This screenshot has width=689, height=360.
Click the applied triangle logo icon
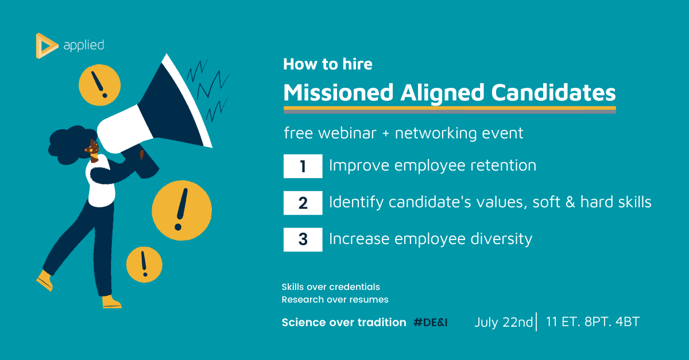click(46, 45)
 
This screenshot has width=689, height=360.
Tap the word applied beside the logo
click(84, 45)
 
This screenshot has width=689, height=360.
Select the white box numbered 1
click(303, 166)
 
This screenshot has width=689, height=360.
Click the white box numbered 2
click(303, 203)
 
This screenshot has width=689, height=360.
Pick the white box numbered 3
click(303, 239)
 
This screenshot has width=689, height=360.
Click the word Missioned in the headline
click(338, 92)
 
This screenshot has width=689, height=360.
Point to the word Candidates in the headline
click(553, 92)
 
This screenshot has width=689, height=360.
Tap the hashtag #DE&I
click(430, 322)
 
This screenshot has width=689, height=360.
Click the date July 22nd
click(504, 322)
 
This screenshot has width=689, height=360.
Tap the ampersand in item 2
click(570, 202)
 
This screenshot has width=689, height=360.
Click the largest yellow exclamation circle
click(182, 211)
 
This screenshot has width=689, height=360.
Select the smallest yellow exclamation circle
click(144, 264)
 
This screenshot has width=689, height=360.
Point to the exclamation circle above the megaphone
click(100, 85)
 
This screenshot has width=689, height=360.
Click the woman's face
click(92, 148)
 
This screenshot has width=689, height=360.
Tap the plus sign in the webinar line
click(385, 134)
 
